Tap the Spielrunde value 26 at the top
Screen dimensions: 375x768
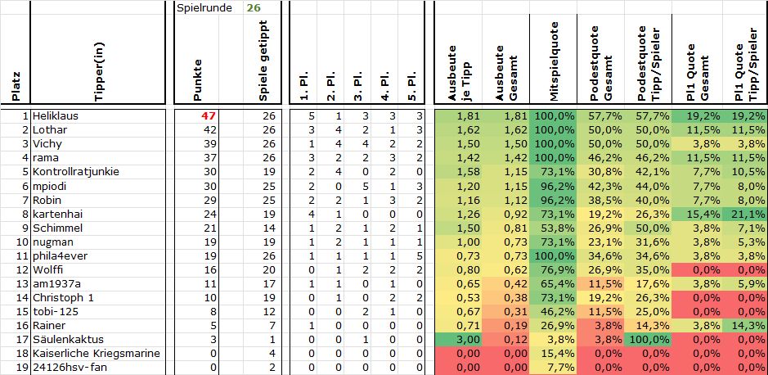(x=254, y=7)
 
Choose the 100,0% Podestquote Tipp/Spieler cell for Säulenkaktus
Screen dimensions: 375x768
(x=649, y=339)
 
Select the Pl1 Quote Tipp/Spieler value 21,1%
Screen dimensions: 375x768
(x=743, y=214)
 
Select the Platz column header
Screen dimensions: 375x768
(x=16, y=85)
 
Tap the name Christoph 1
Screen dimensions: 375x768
(x=65, y=297)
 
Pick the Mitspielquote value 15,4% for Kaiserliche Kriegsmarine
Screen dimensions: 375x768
(x=555, y=353)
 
